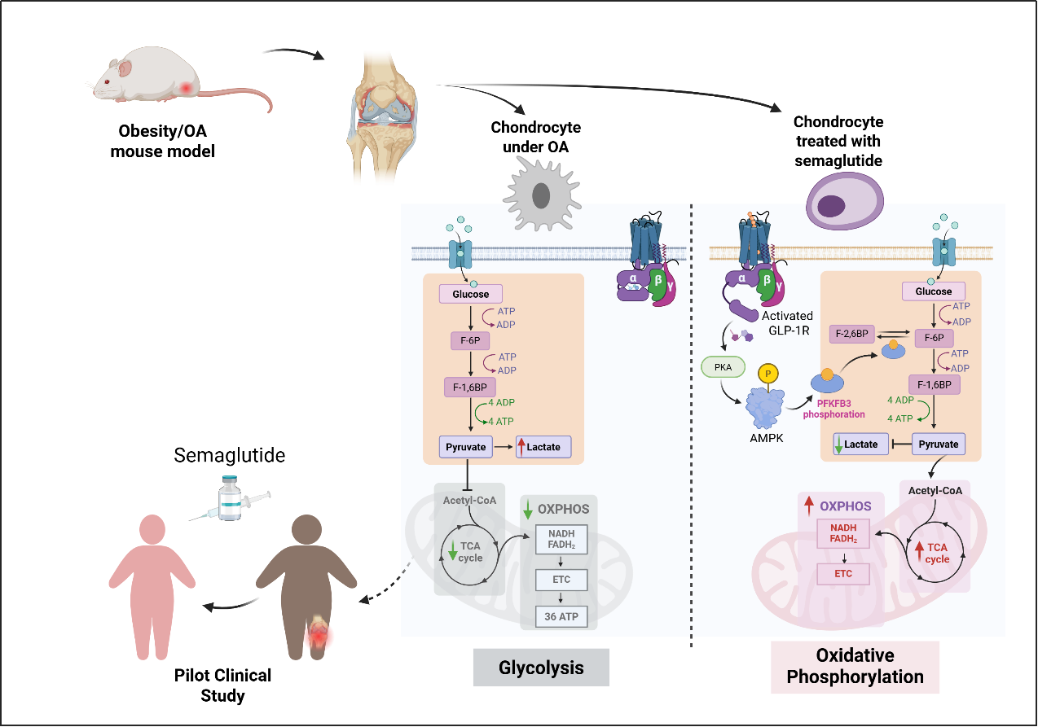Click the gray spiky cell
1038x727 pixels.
[540, 194]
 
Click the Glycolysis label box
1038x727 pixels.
[541, 668]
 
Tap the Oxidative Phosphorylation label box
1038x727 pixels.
[855, 667]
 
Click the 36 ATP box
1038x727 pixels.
[561, 616]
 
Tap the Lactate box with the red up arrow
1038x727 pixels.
[543, 447]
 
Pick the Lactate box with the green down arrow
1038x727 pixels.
[860, 445]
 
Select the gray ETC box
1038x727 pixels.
[561, 580]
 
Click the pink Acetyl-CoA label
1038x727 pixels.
[935, 490]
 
